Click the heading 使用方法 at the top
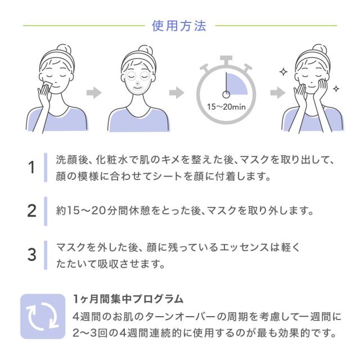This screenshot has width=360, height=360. pyautogui.click(x=180, y=26)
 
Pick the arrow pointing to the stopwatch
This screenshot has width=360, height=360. pyautogui.click(x=177, y=92)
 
